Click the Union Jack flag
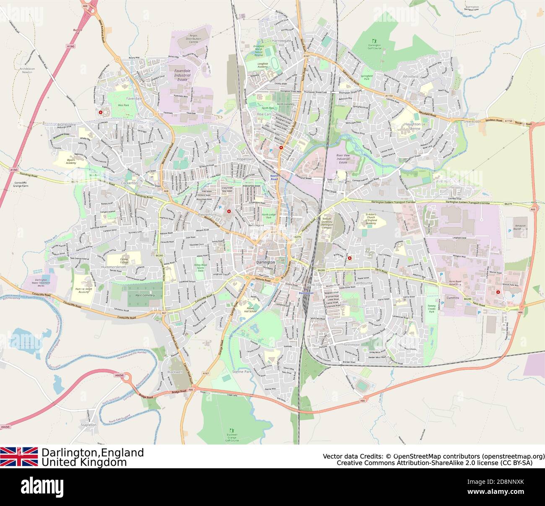coord(19,457)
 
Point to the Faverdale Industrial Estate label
coord(182,75)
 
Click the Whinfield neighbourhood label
coord(410,77)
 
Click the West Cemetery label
coord(145,295)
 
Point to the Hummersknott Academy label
coord(83,290)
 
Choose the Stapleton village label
coord(88,425)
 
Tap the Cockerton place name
coord(129,183)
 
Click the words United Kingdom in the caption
coord(84,462)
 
